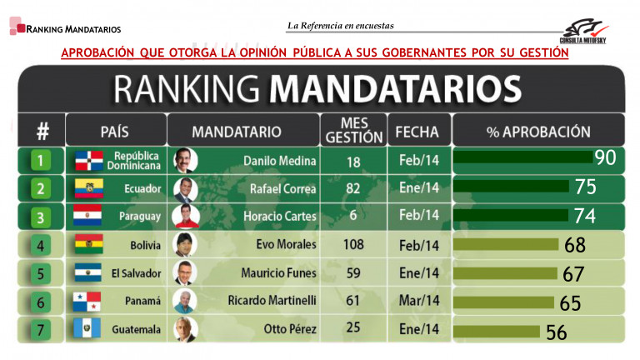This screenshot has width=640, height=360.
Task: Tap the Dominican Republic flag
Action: pyautogui.click(x=88, y=160)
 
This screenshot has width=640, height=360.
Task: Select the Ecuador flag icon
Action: pyautogui.click(x=87, y=188)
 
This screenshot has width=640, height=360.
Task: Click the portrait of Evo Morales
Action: pyautogui.click(x=183, y=245)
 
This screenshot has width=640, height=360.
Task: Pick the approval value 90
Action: pyautogui.click(x=605, y=158)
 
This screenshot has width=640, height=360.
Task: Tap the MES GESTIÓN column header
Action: pyautogui.click(x=354, y=131)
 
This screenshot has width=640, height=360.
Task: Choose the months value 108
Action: pyautogui.click(x=353, y=245)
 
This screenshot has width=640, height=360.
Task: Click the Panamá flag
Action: pyautogui.click(x=87, y=302)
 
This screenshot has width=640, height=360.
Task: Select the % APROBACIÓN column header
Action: pyautogui.click(x=537, y=132)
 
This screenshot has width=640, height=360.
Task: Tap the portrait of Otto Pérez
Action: pyautogui.click(x=183, y=330)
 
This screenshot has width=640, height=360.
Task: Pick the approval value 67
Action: pyautogui.click(x=573, y=273)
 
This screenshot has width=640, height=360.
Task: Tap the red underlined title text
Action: pyautogui.click(x=315, y=52)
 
